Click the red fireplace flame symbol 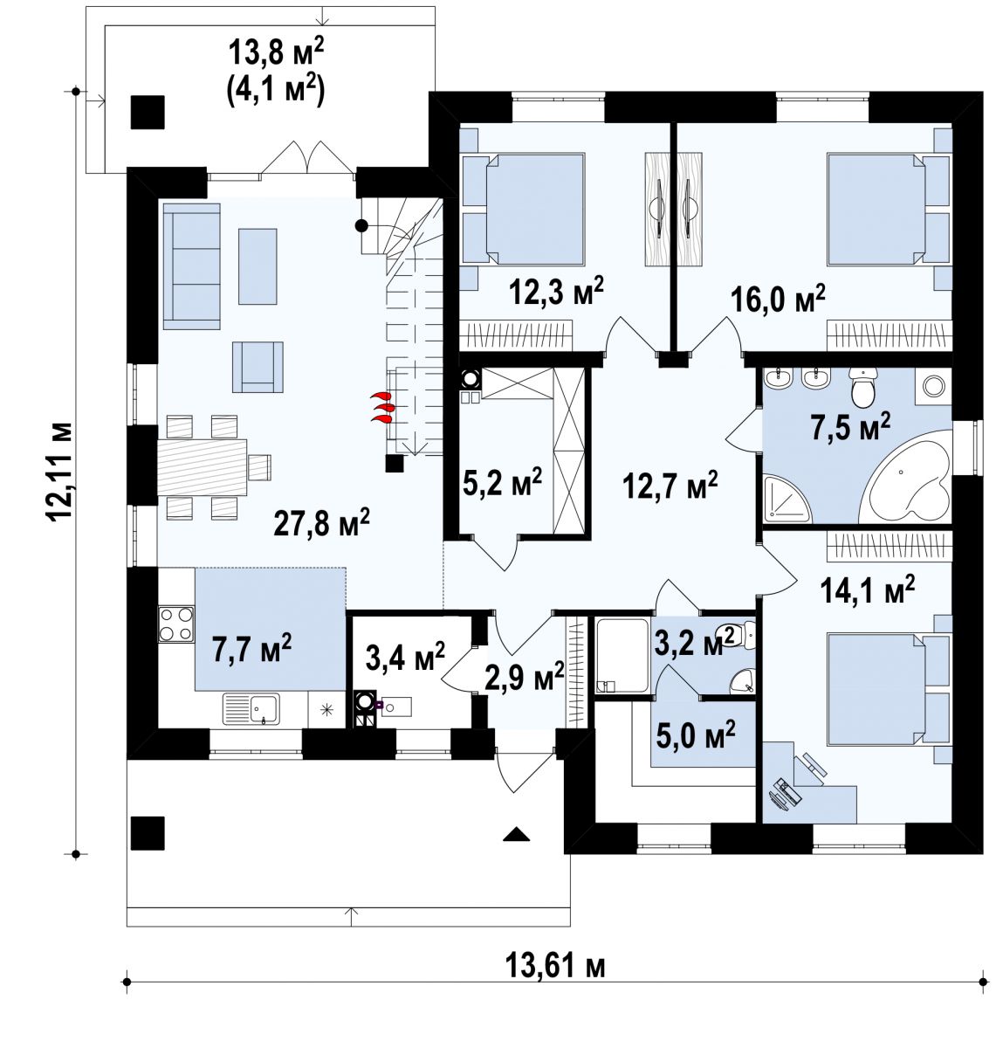click(x=383, y=408)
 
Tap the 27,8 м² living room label click(x=321, y=523)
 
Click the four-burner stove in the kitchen click(x=175, y=624)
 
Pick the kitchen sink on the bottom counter click(x=251, y=708)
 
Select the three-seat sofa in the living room click(x=191, y=266)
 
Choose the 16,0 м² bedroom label click(x=778, y=299)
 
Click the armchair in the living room click(x=258, y=367)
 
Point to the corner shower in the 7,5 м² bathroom click(x=786, y=499)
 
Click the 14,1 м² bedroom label click(x=868, y=589)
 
